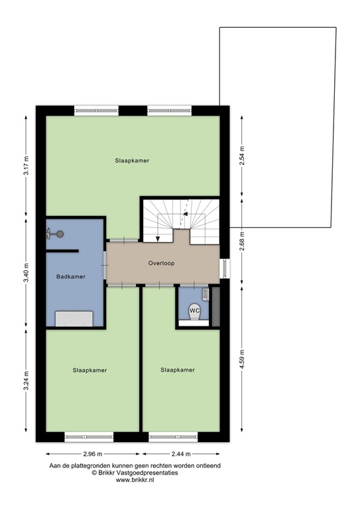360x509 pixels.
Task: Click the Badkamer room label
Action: point(71,277)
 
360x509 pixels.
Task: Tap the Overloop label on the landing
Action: point(161,263)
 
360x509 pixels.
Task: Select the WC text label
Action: point(194,310)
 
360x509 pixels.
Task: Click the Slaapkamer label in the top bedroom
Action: point(131,160)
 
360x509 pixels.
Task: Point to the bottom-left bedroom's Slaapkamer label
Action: point(90,370)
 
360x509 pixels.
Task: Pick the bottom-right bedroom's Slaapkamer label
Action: point(178,370)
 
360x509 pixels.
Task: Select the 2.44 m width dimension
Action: point(178,454)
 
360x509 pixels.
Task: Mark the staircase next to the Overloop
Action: point(179,219)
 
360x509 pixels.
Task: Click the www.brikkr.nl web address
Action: point(135,480)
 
